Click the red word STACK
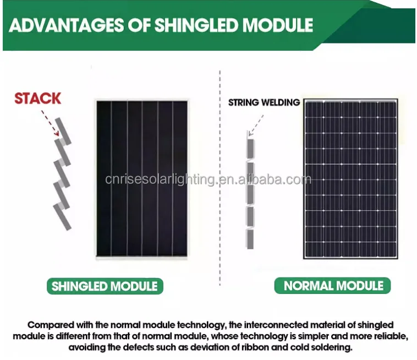click(38, 98)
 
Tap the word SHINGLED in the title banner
click(196, 25)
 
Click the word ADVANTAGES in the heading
click(66, 25)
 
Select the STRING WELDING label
click(264, 102)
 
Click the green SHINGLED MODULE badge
click(105, 286)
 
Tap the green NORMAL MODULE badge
click(332, 286)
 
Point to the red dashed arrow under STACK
click(50, 123)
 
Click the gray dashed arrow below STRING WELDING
click(256, 126)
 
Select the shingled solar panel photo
click(142, 179)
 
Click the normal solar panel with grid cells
click(351, 179)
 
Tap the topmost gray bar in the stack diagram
click(63, 130)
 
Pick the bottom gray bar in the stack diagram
click(62, 217)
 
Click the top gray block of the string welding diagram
click(250, 149)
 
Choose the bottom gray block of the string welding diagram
click(250, 239)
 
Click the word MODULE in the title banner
click(278, 25)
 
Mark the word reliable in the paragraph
click(391, 336)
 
